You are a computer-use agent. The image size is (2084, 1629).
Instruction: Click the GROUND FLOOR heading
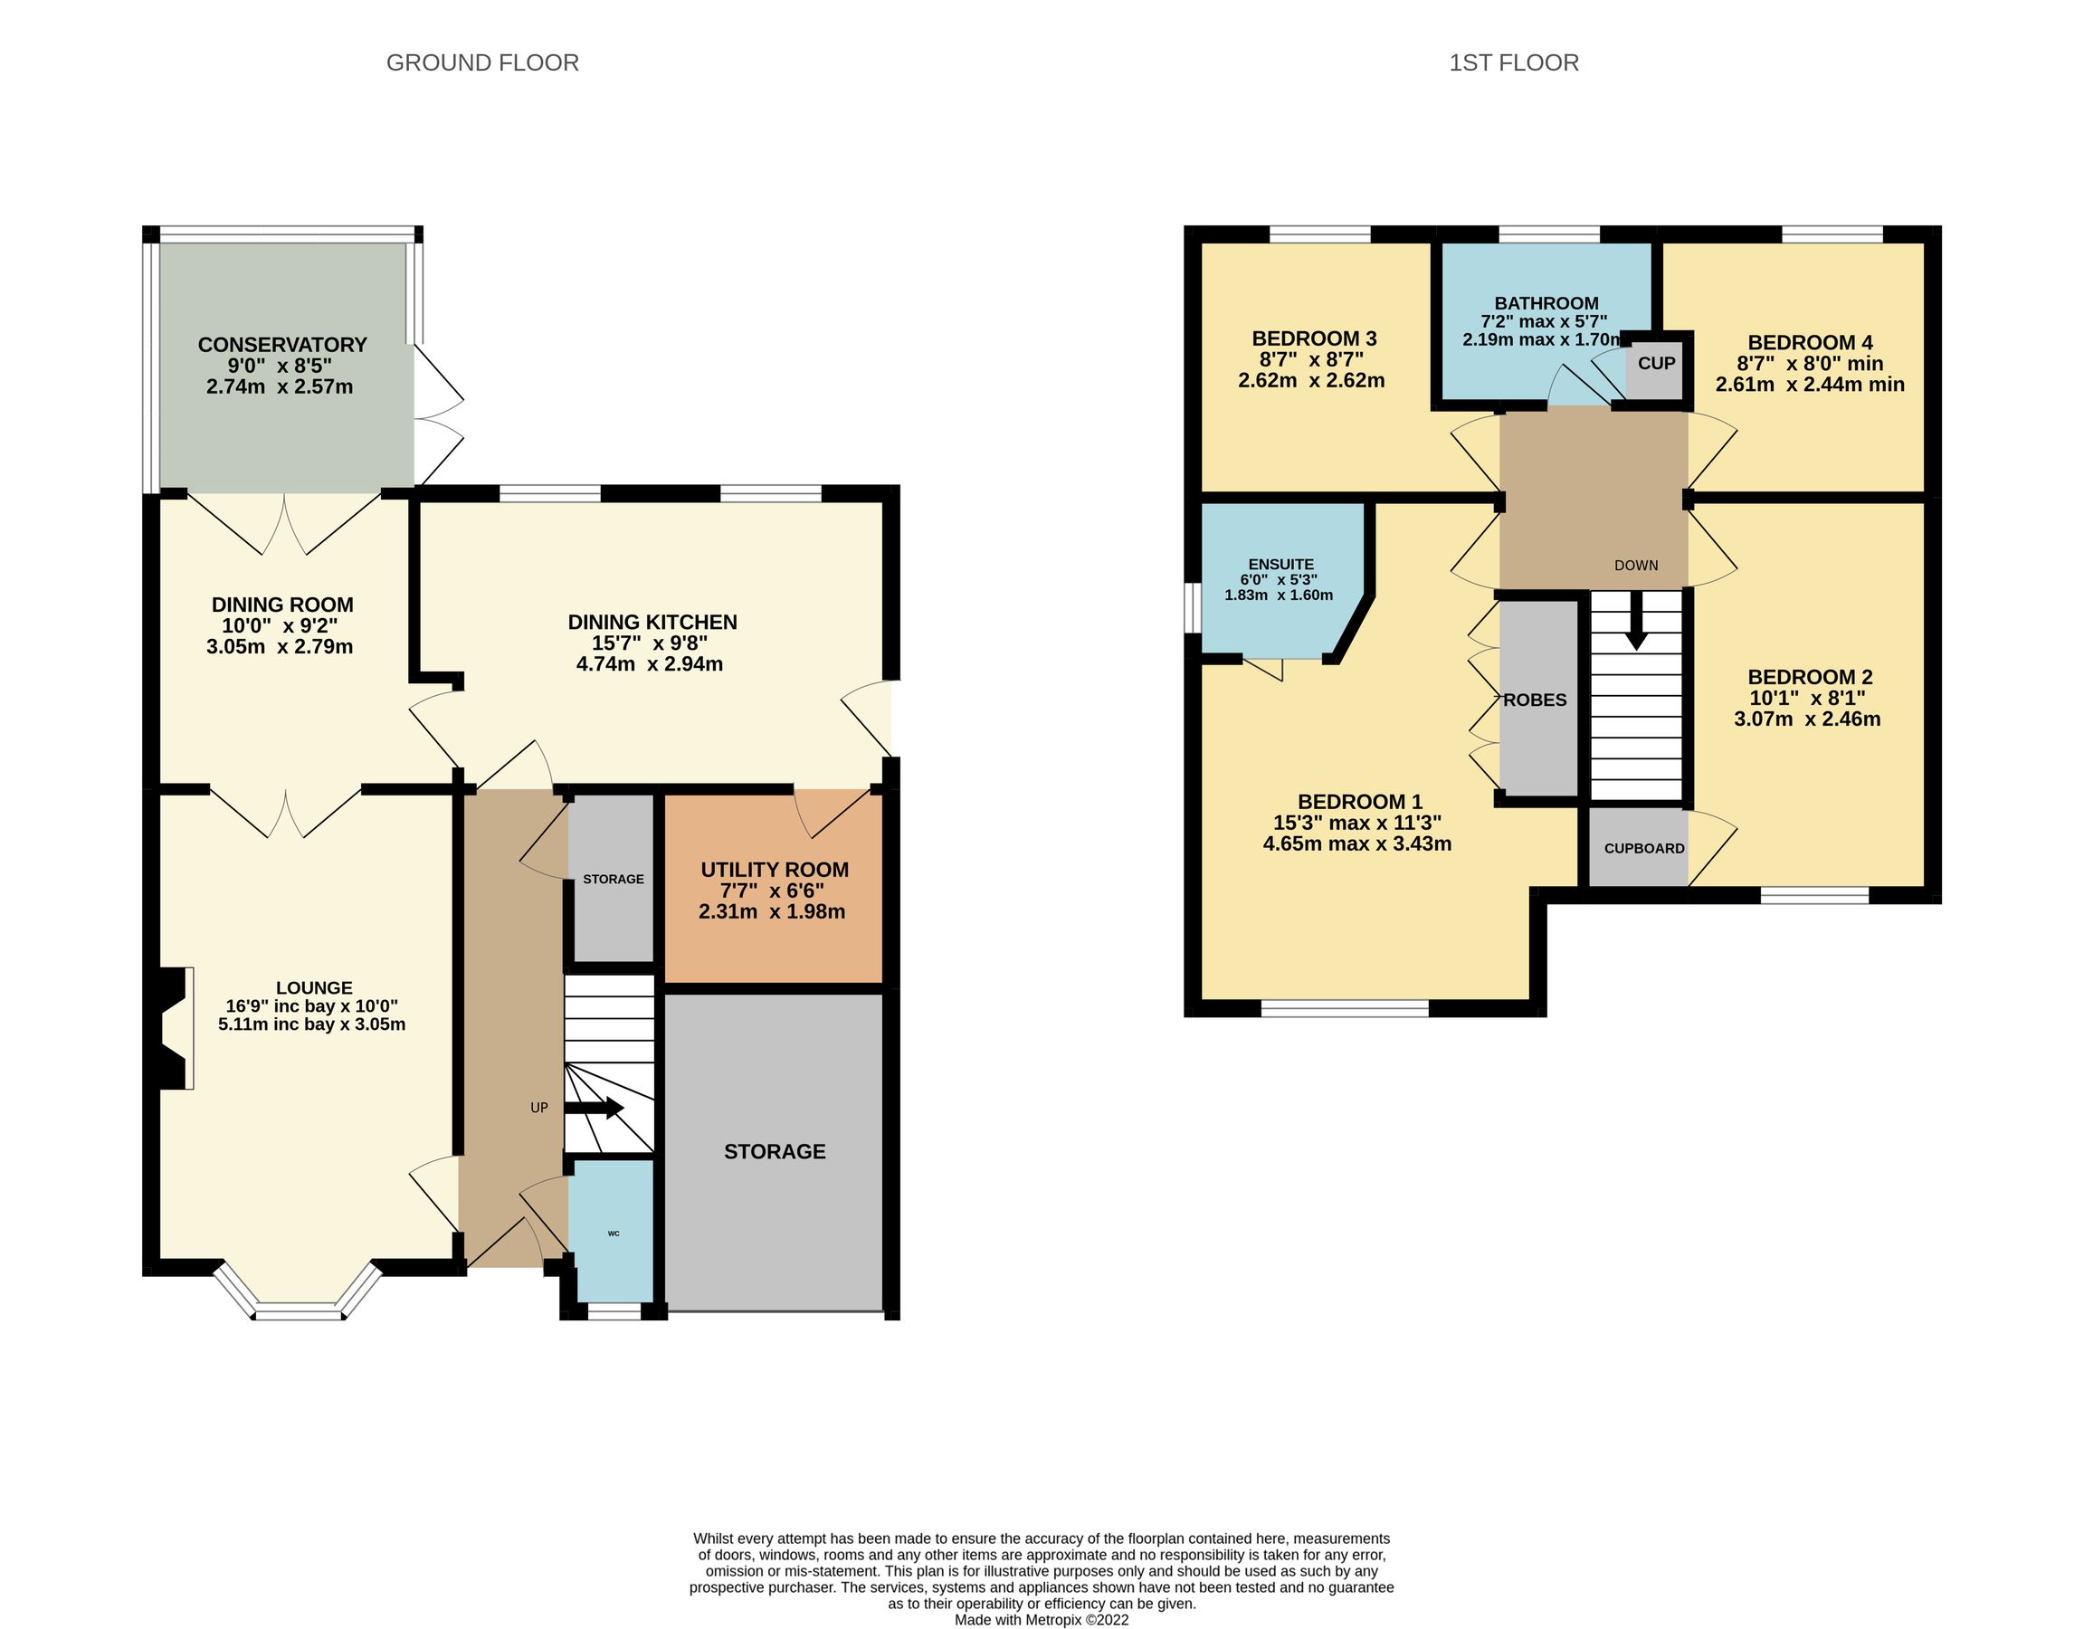point(482,63)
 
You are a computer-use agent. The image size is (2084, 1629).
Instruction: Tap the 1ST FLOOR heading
point(1513,63)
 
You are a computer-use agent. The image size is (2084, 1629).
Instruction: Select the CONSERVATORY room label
point(282,345)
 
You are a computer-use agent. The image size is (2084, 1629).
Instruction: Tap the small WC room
point(613,1232)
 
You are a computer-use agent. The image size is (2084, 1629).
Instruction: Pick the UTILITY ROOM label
point(774,870)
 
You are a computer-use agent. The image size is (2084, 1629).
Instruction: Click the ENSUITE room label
point(1280,564)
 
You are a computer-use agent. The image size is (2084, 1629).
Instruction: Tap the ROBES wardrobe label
point(1535,700)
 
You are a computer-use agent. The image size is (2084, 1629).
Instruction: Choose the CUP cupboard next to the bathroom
point(1656,364)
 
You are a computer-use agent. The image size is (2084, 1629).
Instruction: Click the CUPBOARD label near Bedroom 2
point(1643,847)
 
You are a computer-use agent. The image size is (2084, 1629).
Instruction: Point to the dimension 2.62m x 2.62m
point(1311,381)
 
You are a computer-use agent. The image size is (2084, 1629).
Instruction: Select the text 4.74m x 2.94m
point(649,664)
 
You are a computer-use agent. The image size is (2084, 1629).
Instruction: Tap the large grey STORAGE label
point(774,1151)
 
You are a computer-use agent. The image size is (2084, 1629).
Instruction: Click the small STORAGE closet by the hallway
point(613,879)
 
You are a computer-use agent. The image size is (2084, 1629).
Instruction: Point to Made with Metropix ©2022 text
point(1041,1619)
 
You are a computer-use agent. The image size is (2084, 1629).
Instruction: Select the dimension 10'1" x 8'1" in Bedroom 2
point(1806,698)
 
